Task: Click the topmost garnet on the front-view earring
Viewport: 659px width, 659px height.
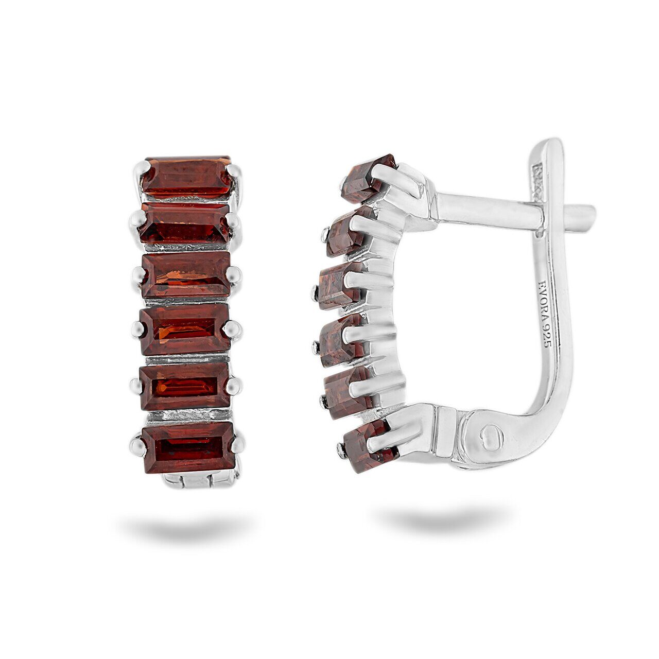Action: (x=186, y=177)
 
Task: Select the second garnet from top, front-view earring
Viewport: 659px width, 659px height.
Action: (x=185, y=223)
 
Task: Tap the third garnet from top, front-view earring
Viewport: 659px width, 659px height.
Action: (x=186, y=274)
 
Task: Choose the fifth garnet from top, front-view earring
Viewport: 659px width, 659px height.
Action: (x=185, y=386)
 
